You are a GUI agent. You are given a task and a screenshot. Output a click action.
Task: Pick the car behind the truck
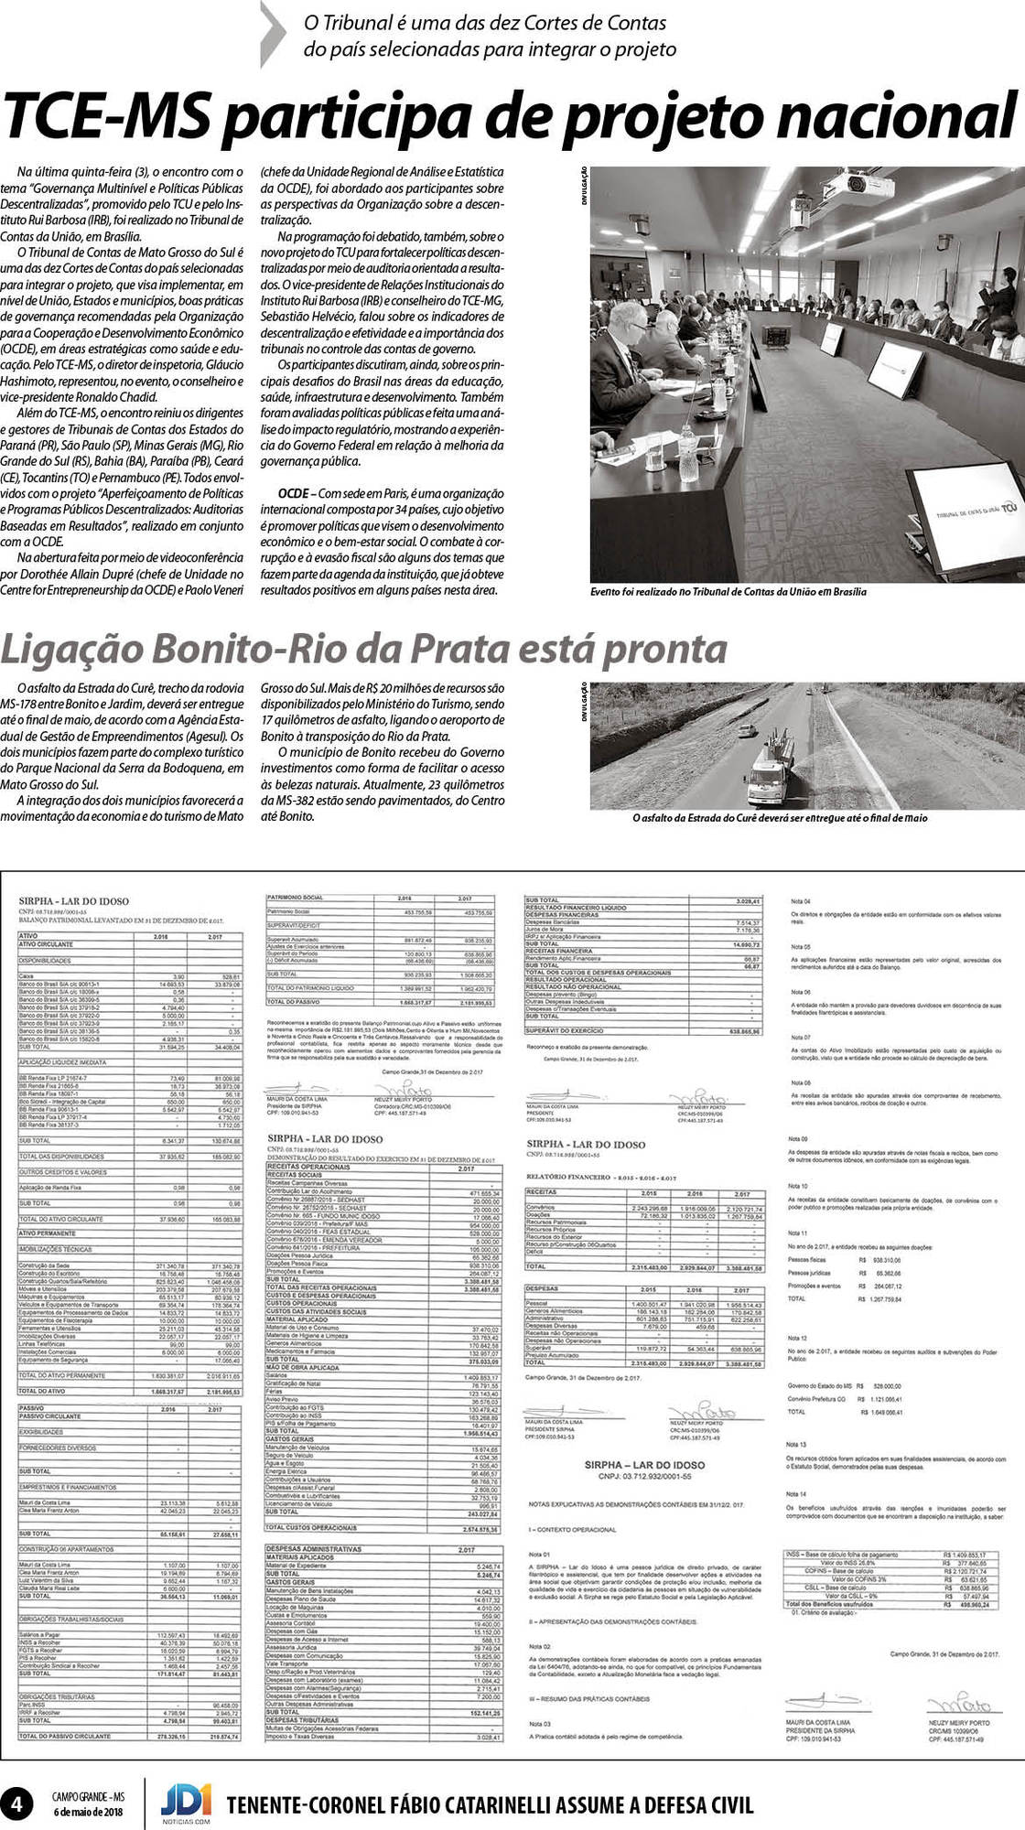click(x=747, y=731)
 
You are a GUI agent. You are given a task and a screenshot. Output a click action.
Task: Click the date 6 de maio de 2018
click(x=87, y=1813)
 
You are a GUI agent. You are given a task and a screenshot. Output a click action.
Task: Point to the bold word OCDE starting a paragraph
click(x=292, y=494)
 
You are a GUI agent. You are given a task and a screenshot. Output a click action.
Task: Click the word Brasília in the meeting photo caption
click(x=844, y=592)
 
